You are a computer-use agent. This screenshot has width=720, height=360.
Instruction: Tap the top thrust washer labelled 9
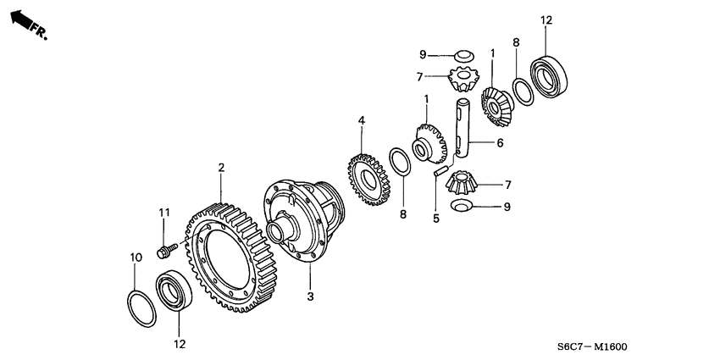(x=462, y=57)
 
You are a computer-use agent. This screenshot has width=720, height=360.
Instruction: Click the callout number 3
(x=310, y=296)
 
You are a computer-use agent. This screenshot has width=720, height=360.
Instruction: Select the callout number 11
(x=165, y=212)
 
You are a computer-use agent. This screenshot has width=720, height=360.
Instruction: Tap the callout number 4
(x=361, y=121)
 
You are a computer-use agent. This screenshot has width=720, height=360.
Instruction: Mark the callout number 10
(x=134, y=258)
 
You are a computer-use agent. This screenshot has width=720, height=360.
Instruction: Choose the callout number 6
(x=500, y=144)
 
